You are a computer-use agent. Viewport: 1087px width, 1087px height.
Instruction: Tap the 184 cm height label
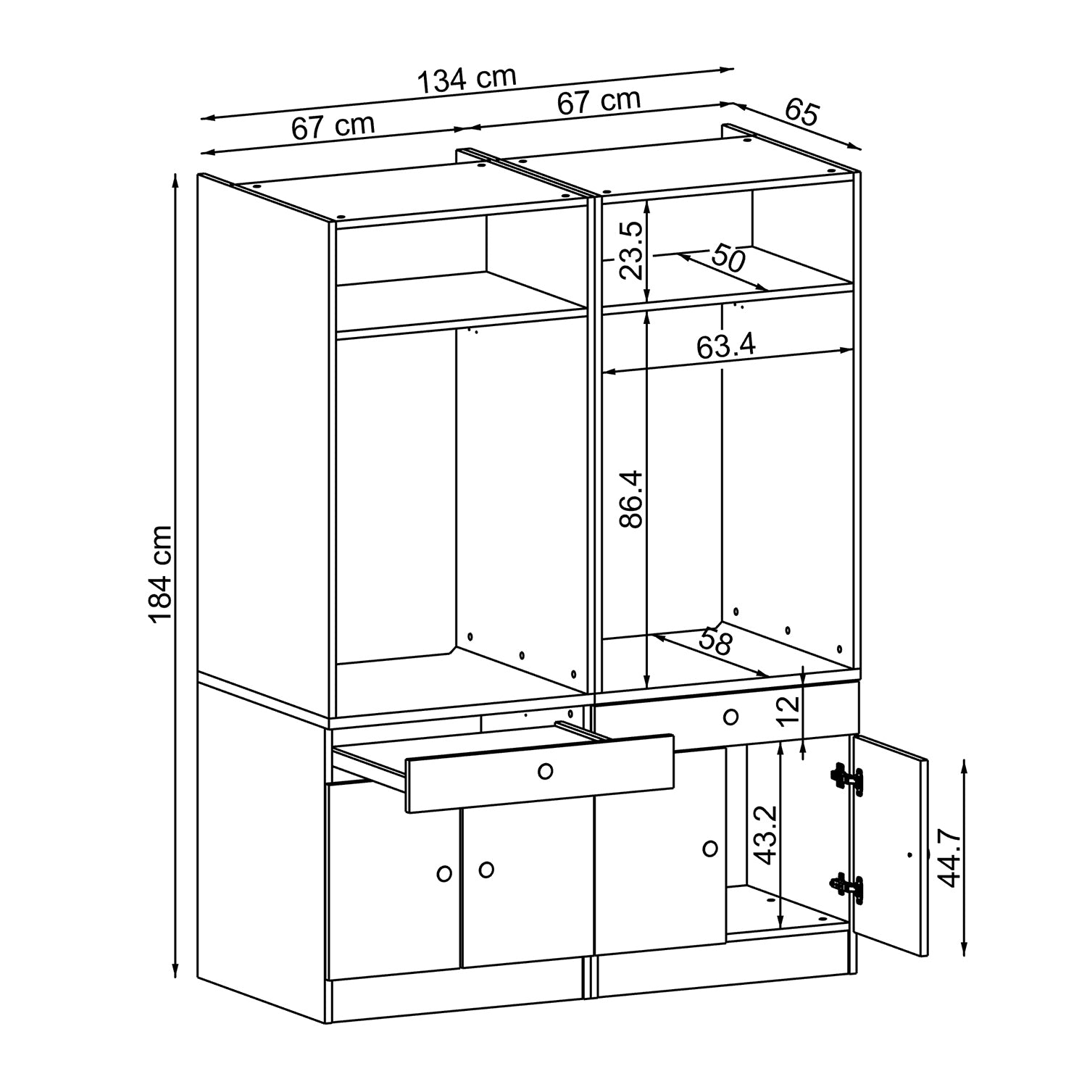(x=159, y=572)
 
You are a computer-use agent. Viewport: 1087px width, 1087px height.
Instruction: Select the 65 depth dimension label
(x=801, y=114)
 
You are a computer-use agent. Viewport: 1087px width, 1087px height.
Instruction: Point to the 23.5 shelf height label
(x=630, y=251)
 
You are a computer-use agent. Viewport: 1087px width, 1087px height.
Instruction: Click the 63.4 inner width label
(x=726, y=346)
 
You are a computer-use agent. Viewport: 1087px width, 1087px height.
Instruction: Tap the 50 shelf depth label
(x=728, y=258)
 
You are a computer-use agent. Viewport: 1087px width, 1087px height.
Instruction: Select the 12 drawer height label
(x=791, y=711)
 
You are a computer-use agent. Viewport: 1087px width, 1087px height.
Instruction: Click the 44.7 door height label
(x=949, y=859)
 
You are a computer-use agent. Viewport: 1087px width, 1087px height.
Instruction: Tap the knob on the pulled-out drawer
(x=545, y=772)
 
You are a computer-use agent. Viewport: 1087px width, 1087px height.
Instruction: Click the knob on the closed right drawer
(x=730, y=717)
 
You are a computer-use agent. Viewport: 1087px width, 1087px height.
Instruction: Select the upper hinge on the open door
(x=848, y=779)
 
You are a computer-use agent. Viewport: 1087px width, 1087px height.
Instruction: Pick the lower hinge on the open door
(x=848, y=888)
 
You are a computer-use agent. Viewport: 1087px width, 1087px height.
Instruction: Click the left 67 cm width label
(x=333, y=127)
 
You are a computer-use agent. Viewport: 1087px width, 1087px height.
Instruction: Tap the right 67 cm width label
(x=599, y=101)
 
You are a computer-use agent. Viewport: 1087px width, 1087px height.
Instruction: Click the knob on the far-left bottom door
(x=445, y=874)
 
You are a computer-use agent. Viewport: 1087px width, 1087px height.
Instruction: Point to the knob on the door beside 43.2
(x=710, y=847)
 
